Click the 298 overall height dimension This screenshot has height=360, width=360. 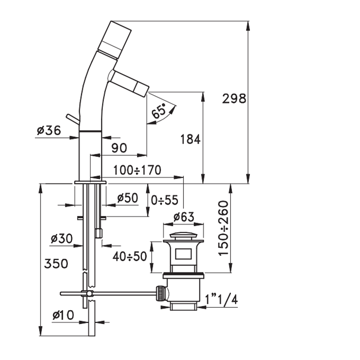click(234, 99)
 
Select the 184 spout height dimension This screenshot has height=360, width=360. click(190, 139)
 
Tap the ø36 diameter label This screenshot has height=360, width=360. click(49, 131)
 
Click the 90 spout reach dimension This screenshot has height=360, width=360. click(119, 148)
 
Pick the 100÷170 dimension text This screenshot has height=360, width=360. click(137, 170)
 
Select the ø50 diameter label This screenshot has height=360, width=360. click(128, 197)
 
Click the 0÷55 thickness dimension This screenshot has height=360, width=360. click(165, 200)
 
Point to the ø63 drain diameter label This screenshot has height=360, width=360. click(184, 217)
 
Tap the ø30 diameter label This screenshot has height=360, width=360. click(62, 239)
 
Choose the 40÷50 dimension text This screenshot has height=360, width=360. click(130, 256)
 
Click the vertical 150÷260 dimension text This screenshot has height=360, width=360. click(223, 228)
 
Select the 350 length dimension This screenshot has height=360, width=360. click(56, 263)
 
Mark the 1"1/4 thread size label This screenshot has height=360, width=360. click(221, 299)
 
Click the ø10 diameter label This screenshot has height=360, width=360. click(63, 315)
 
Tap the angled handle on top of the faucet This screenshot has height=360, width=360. click(115, 39)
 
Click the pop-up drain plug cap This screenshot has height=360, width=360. click(183, 236)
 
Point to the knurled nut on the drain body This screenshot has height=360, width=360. click(160, 293)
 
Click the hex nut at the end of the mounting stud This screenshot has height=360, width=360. click(98, 233)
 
